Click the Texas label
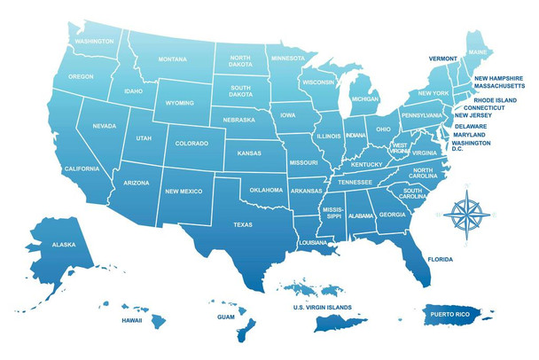point(243,224)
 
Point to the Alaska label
point(64,245)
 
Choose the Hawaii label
point(132,320)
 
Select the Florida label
point(440,260)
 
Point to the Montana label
point(173,59)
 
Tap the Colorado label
point(191,143)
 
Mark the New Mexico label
point(184,191)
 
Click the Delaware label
point(471,126)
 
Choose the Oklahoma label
point(266,190)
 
